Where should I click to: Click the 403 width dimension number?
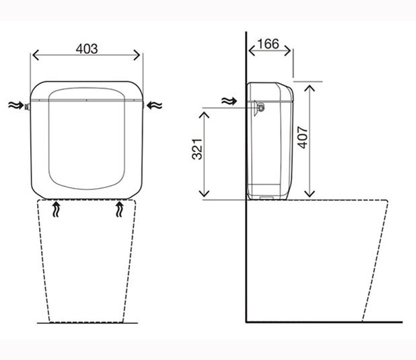point(87,48)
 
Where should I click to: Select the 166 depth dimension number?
point(268,44)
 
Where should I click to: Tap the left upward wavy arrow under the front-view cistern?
point(57,209)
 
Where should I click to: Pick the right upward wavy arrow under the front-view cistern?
point(120,209)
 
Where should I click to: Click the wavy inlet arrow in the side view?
point(230,102)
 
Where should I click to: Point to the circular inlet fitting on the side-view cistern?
point(258,106)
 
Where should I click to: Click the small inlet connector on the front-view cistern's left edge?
point(28,106)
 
